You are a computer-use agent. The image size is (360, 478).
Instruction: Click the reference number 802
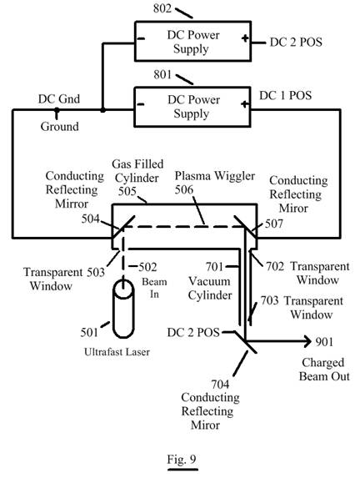(x=162, y=8)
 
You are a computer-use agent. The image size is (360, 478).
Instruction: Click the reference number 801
(x=162, y=74)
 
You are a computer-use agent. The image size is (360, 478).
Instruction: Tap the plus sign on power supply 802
(x=245, y=38)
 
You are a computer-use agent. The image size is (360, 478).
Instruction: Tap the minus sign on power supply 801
(x=140, y=104)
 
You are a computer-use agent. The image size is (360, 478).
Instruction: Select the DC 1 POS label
(x=285, y=95)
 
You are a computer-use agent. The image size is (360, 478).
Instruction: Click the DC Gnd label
(x=59, y=98)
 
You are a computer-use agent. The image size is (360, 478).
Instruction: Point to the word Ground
(x=60, y=126)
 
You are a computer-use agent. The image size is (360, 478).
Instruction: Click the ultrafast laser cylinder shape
(x=123, y=309)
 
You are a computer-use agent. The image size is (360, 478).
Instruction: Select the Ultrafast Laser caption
(x=117, y=352)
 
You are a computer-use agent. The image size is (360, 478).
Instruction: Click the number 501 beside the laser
(x=89, y=332)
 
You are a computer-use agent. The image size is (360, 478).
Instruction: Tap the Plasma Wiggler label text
(x=215, y=176)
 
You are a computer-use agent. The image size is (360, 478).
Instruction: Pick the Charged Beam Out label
(x=324, y=370)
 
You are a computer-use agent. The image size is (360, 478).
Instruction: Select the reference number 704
(x=220, y=385)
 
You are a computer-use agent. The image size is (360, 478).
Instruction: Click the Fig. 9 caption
(x=182, y=459)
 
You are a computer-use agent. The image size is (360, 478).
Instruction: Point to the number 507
(x=274, y=224)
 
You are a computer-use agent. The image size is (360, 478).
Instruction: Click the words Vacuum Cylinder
(x=210, y=288)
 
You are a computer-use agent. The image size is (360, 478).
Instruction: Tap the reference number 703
(x=269, y=300)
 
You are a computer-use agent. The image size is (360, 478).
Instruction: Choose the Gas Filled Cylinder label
(x=137, y=171)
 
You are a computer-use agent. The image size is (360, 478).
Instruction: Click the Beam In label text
(x=154, y=288)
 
